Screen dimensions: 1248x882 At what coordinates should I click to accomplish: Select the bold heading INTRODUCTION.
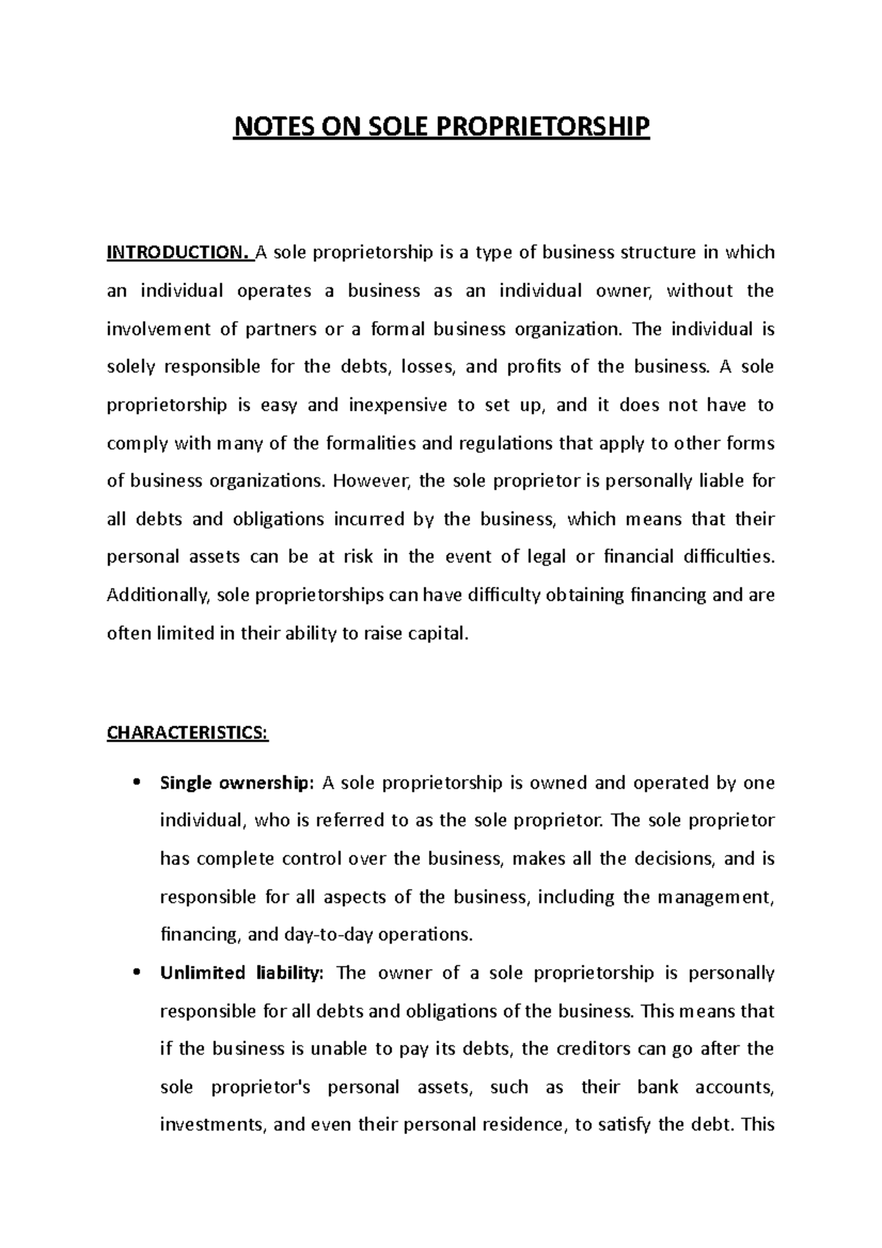click(179, 253)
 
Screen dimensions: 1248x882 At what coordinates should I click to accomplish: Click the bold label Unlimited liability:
click(241, 973)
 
